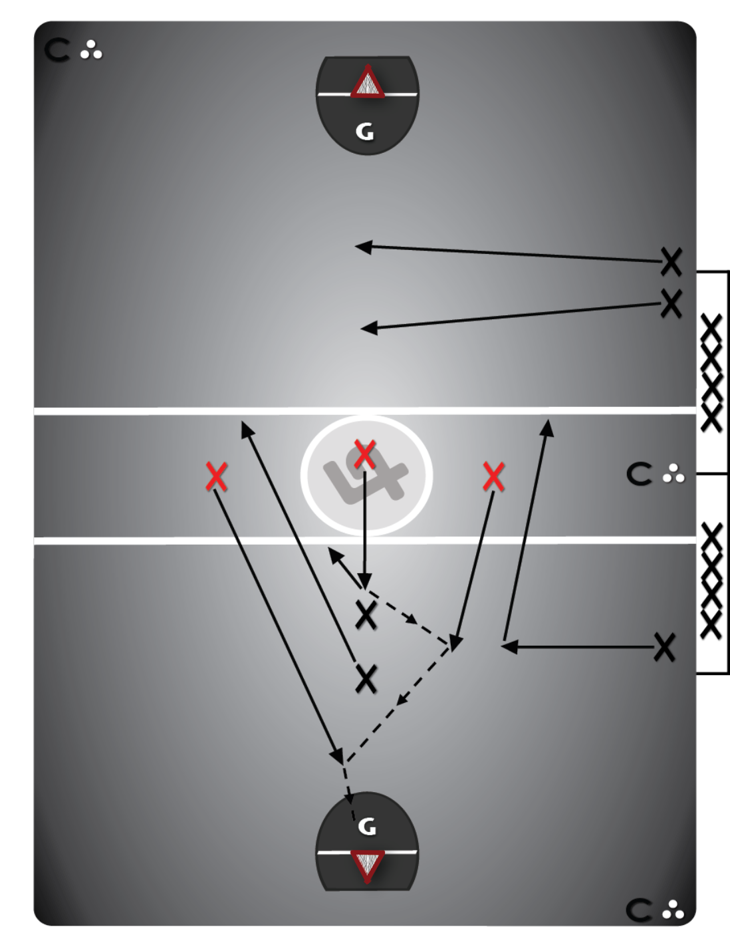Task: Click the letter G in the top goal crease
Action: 364,132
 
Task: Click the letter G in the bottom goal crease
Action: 367,827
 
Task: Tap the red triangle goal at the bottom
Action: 367,865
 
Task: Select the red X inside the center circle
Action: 364,454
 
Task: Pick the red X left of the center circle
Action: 217,476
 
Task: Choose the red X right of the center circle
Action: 493,476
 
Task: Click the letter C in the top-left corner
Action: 57,51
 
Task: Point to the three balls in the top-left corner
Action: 91,50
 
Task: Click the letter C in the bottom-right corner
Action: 639,910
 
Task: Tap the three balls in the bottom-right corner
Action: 673,910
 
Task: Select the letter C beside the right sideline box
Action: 640,474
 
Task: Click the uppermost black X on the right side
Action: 671,261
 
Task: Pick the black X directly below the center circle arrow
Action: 366,614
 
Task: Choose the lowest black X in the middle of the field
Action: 366,678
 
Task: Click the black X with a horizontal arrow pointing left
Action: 664,646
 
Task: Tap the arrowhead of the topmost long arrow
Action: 363,247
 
